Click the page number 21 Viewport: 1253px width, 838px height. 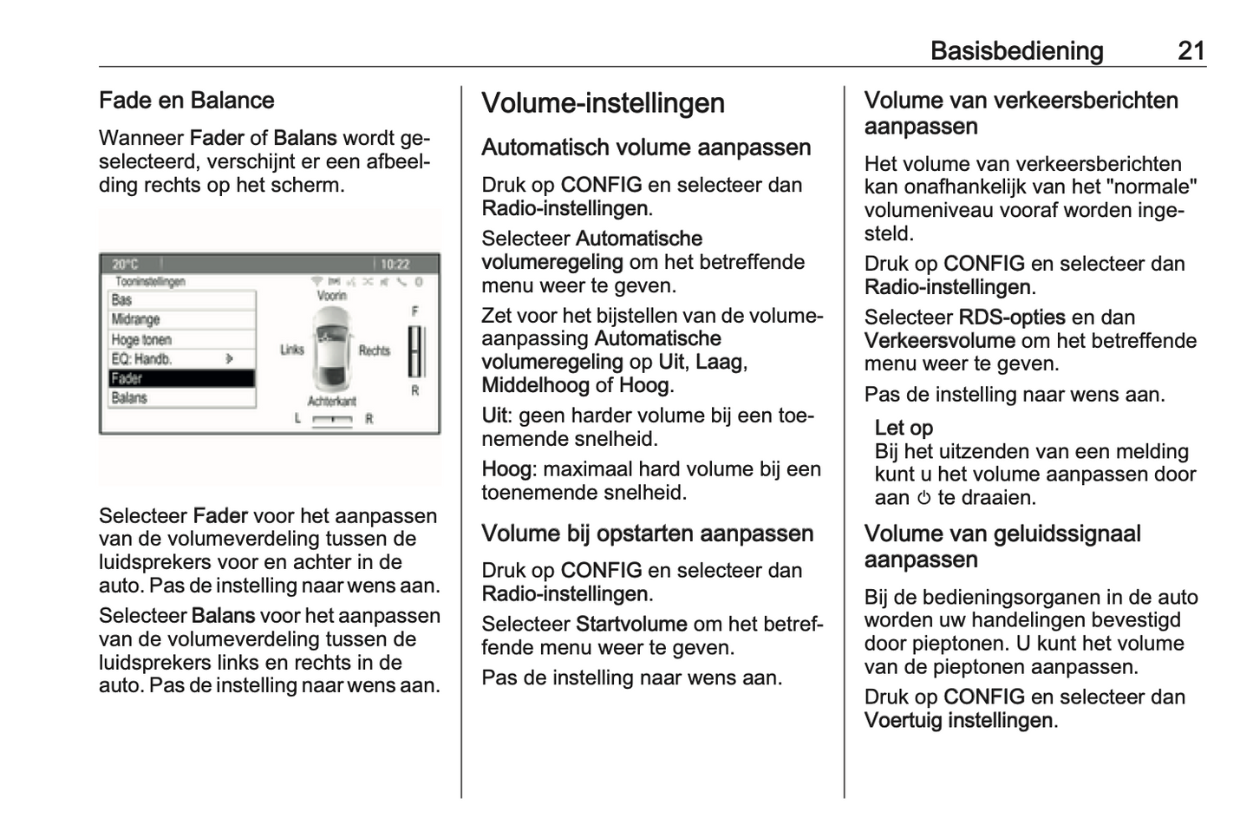1191,51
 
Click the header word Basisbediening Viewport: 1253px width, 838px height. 1016,51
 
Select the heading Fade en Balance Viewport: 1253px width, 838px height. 186,101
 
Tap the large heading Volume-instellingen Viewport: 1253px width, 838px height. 603,103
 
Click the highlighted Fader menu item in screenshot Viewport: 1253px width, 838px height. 181,378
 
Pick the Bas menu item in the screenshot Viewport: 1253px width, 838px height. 181,300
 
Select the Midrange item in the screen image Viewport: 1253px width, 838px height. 181,319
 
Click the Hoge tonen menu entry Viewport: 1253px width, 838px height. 181,339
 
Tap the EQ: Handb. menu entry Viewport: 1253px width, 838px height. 181,358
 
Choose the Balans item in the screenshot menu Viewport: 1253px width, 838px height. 181,398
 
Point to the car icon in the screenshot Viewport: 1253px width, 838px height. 331,349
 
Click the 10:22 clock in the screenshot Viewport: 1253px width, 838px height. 395,264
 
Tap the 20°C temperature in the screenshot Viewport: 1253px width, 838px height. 125,264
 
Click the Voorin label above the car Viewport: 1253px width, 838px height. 331,296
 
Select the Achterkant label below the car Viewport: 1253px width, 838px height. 331,401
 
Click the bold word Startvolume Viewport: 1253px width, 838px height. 631,625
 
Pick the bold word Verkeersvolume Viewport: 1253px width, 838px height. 939,341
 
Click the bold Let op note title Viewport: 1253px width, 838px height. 904,428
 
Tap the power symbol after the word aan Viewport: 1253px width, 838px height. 923,499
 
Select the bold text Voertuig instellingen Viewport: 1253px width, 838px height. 958,721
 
